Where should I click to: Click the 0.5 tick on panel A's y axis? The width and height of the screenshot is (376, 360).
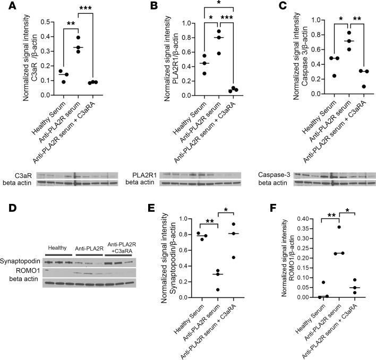(x=47, y=22)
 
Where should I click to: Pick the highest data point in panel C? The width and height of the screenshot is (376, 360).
(x=334, y=33)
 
